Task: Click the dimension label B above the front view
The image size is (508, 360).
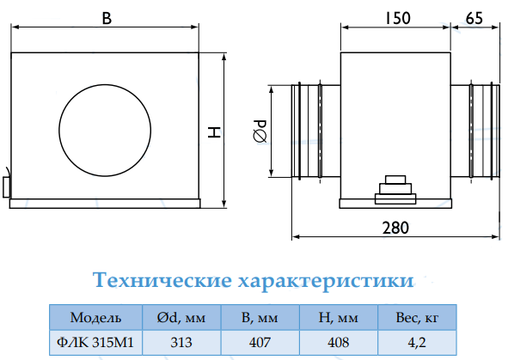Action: [107, 18]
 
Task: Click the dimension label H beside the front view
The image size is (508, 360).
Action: [214, 132]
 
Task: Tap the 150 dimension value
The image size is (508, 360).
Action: [398, 18]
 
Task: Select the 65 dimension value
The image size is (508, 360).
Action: [474, 18]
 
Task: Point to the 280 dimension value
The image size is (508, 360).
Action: [395, 228]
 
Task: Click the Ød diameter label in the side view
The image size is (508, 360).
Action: [260, 131]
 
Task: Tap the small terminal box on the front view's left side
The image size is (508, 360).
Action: [6, 187]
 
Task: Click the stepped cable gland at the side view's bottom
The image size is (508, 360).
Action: [395, 190]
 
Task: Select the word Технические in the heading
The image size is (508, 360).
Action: [162, 280]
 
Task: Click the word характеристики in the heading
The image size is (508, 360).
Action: [326, 281]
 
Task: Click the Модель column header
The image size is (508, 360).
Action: [96, 318]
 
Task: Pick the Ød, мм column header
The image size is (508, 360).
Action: [181, 318]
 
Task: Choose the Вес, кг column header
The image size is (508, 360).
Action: [417, 318]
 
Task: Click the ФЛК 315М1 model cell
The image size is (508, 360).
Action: [95, 342]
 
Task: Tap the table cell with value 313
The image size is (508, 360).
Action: [181, 343]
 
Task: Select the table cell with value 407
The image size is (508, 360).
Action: [260, 343]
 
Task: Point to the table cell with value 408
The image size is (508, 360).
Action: [338, 343]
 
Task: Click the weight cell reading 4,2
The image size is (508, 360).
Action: [417, 343]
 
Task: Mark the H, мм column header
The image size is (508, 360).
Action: [338, 318]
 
